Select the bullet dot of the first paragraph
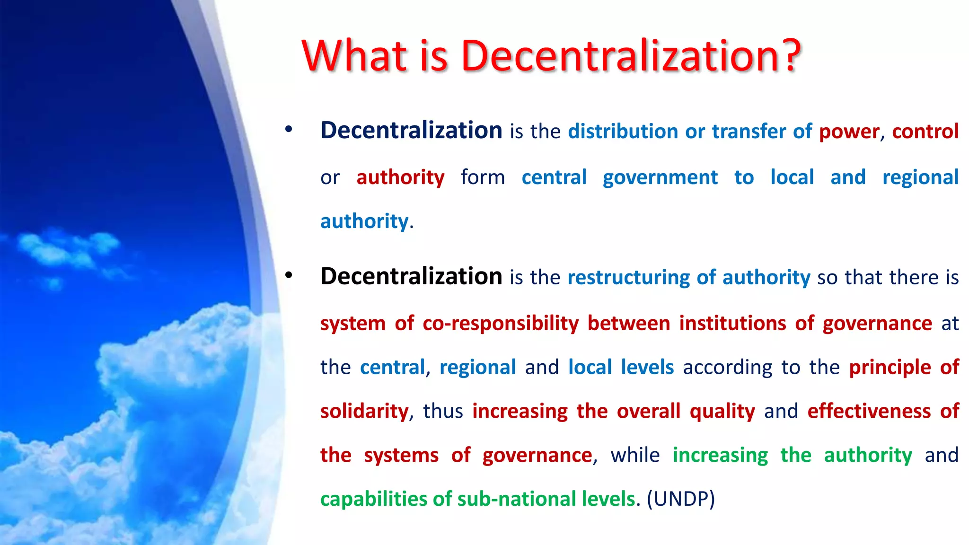[289, 129]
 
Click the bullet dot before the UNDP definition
[289, 275]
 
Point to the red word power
[849, 132]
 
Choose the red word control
[925, 132]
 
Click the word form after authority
[483, 177]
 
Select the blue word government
[660, 177]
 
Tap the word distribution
[623, 132]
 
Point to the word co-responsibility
[501, 324]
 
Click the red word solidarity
[364, 411]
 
